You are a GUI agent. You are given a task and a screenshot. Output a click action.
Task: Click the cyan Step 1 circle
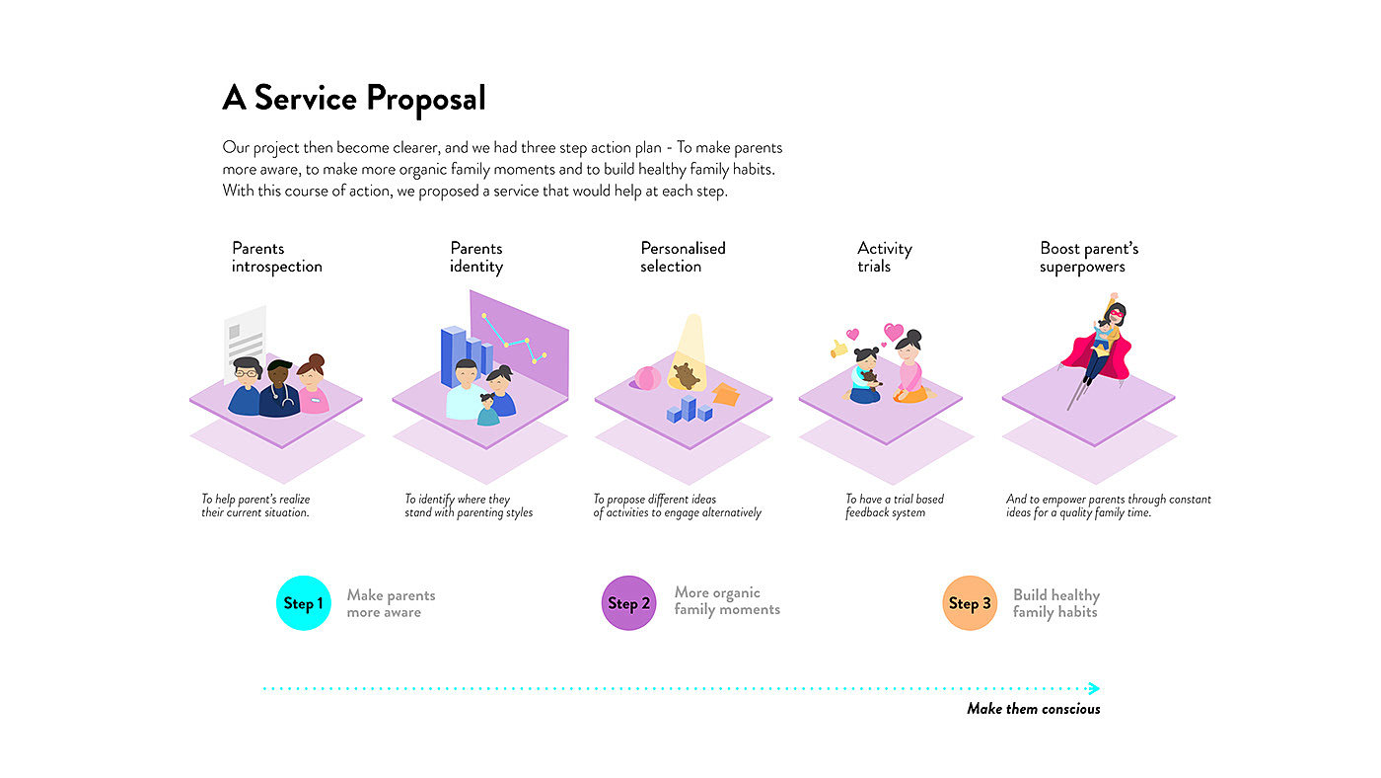coord(303,603)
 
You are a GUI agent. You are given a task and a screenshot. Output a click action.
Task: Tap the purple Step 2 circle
coord(628,603)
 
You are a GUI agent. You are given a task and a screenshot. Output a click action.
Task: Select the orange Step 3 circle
coord(970,603)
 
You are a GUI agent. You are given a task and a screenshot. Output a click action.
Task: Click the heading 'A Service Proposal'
coord(354,99)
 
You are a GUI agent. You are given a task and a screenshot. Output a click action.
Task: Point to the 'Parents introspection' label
coord(277,258)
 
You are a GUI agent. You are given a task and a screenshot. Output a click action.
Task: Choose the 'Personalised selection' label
coord(683,258)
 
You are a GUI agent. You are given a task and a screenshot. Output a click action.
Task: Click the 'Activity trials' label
coord(885,258)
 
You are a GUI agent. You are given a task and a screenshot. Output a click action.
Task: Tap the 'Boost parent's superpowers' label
coord(1089,258)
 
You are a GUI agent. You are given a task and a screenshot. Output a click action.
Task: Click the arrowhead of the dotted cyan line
coord(1093,688)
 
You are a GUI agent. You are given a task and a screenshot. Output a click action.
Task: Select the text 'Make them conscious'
coord(1033,709)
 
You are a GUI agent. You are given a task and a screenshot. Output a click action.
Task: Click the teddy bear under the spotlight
coord(685,376)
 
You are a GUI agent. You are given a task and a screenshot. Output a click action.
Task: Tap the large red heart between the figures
coord(894,332)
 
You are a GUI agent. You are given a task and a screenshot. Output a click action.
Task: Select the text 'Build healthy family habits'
coord(1055,603)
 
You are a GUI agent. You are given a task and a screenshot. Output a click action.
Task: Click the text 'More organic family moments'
coord(727,601)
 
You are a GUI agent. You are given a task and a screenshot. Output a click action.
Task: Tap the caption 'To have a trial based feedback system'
coord(895,506)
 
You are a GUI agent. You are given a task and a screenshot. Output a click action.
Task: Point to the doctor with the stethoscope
coord(280,390)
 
